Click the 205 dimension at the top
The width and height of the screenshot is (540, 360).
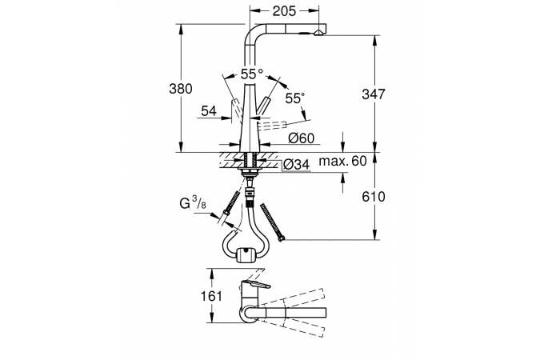point(284,11)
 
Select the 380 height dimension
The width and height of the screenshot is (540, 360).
point(181,89)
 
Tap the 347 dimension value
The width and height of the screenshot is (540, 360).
point(374,94)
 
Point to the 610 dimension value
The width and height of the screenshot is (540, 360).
point(374,197)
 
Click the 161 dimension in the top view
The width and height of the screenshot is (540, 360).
point(211,296)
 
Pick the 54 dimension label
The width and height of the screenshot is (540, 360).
point(209,111)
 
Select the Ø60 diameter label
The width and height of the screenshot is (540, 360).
point(302,138)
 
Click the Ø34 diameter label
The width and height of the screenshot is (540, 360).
point(296,165)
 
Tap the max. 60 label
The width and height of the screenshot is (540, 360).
point(342,161)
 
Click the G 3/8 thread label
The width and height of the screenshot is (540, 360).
point(193,203)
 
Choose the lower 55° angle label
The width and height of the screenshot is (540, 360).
point(294,98)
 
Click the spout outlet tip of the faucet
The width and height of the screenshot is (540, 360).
point(318,33)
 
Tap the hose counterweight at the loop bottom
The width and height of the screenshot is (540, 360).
point(246,255)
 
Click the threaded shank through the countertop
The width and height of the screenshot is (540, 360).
point(250,161)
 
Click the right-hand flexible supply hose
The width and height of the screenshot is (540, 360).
point(272,222)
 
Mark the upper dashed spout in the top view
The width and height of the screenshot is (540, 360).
point(293,297)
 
